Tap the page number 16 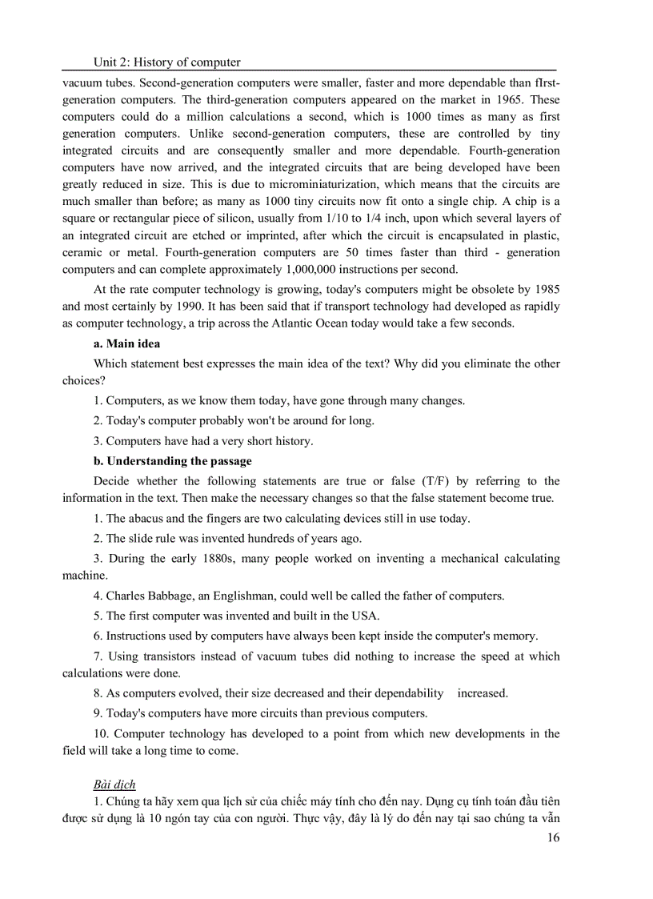552,837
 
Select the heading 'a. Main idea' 126,343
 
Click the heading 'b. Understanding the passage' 172,461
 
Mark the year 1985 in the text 544,289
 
